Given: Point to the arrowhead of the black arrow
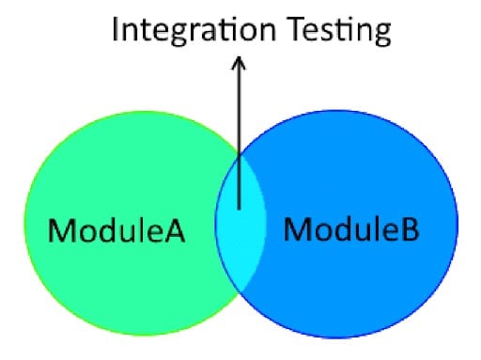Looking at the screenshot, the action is [239, 63].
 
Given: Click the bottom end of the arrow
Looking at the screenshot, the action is [239, 209].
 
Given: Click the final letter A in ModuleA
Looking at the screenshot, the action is [176, 229].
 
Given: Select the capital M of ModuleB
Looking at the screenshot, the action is [295, 228].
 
